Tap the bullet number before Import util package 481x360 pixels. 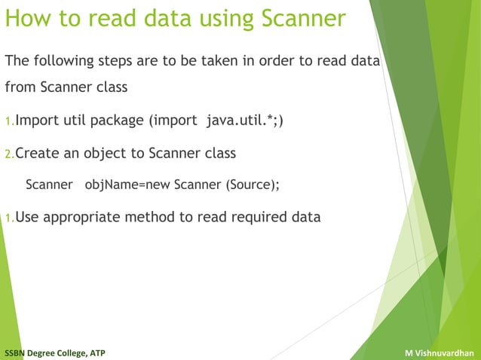point(10,122)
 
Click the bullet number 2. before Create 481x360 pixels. point(10,154)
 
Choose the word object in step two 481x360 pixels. point(106,154)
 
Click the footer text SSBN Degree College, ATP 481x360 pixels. point(54,352)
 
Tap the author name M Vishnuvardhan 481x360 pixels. point(439,352)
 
